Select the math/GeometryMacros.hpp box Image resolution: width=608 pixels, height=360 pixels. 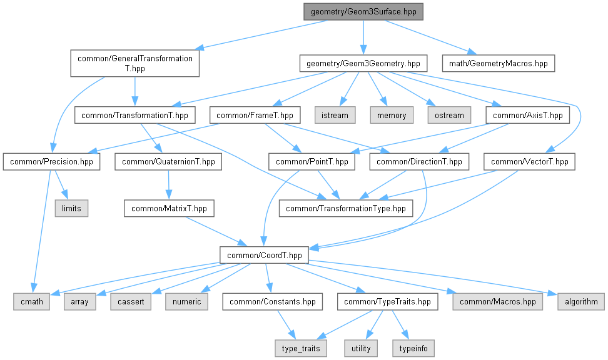498,64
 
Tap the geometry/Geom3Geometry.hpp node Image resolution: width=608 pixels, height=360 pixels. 363,64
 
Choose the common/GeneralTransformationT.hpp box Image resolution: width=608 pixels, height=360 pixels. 134,63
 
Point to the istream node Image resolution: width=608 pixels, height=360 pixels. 338,115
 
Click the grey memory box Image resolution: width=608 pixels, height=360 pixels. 392,115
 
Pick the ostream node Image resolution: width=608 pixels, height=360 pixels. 449,115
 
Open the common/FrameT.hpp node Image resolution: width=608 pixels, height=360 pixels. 255,115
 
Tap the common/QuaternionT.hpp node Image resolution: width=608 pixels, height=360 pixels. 168,162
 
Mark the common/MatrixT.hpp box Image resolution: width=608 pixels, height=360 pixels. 169,208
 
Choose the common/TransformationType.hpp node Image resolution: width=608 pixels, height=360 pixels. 346,208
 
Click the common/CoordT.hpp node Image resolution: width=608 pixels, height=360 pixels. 264,255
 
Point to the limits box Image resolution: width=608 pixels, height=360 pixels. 71,208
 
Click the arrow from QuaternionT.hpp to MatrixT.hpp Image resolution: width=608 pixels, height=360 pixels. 168,185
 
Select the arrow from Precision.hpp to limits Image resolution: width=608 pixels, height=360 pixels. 61,185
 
